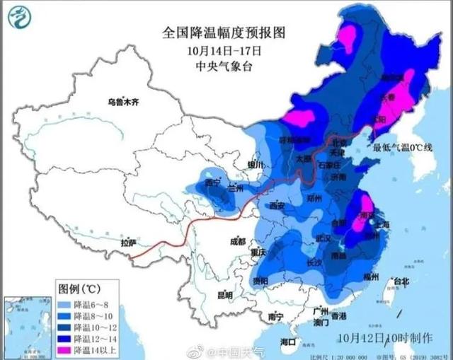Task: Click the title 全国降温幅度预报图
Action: pos(224,33)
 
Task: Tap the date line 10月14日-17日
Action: pos(224,51)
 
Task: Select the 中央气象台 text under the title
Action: pos(224,67)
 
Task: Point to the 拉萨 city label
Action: pos(128,243)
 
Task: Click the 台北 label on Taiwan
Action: pos(401,281)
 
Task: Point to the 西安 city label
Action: pos(277,206)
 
